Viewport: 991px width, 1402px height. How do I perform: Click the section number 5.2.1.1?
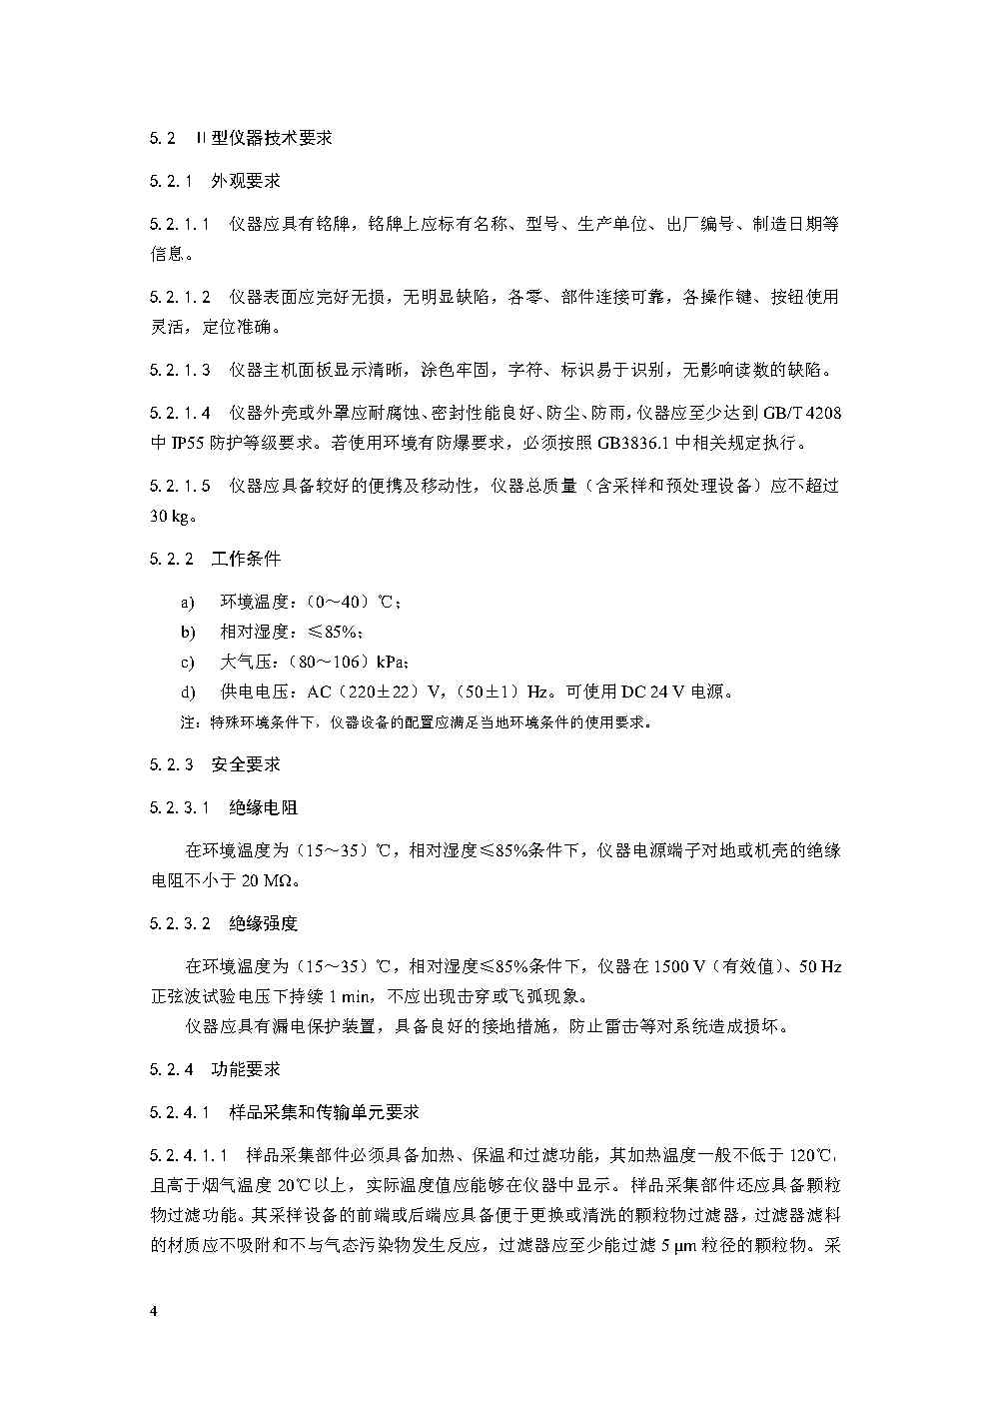coord(181,224)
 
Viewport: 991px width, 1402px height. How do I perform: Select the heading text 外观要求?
coord(245,181)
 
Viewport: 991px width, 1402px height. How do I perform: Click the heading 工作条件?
coord(246,558)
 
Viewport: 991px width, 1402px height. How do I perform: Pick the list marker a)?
coord(187,602)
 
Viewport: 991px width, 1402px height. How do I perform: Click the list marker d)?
coord(188,692)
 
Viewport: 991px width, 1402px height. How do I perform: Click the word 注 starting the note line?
coord(186,722)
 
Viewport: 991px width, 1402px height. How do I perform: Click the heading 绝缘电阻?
coord(264,807)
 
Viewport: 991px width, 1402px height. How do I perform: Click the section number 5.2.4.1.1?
coord(190,1155)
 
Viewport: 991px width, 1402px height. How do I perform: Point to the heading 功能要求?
coord(246,1069)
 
